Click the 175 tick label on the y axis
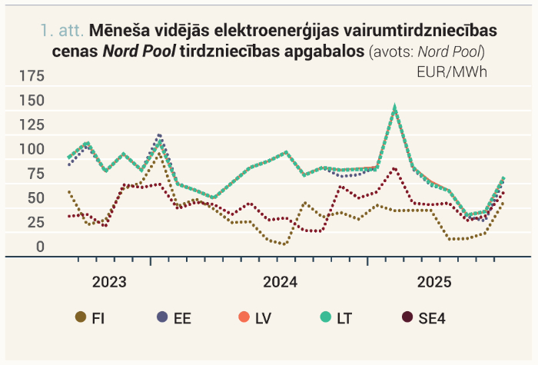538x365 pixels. [x=32, y=75]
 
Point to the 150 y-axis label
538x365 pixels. [x=32, y=101]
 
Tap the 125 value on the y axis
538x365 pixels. [x=32, y=124]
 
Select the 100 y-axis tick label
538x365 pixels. [x=32, y=149]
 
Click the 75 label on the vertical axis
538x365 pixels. [x=36, y=174]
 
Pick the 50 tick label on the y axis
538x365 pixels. [x=36, y=198]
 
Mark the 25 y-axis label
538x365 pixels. [x=36, y=222]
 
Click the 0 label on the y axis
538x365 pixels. [x=41, y=247]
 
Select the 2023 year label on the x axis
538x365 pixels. [x=109, y=282]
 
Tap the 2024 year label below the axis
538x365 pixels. [x=281, y=282]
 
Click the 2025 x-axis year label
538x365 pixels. [x=434, y=282]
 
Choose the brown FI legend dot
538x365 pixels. [x=81, y=317]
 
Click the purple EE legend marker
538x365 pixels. [x=162, y=317]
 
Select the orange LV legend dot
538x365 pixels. [x=244, y=317]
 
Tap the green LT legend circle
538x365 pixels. [x=326, y=317]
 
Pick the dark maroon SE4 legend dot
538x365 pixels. [x=407, y=317]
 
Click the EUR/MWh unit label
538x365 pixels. [x=452, y=72]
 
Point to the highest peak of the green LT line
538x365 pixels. [x=395, y=107]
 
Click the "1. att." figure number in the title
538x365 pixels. [x=62, y=31]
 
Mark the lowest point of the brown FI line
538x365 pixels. [x=284, y=244]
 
